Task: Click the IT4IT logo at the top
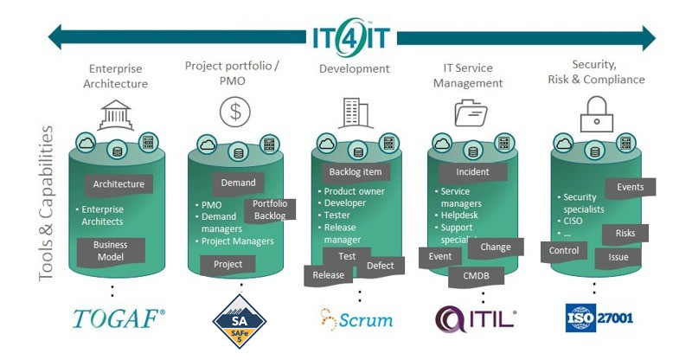point(352,37)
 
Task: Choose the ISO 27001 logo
point(599,317)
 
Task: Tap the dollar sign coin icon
point(235,112)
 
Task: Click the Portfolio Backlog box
point(270,209)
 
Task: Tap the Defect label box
point(381,267)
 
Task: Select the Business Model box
point(111,251)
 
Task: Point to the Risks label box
point(625,234)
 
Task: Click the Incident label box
point(472,172)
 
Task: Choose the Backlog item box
point(356,172)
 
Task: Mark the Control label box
point(564,252)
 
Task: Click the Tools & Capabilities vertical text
point(47,204)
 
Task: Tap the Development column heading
point(355,68)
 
